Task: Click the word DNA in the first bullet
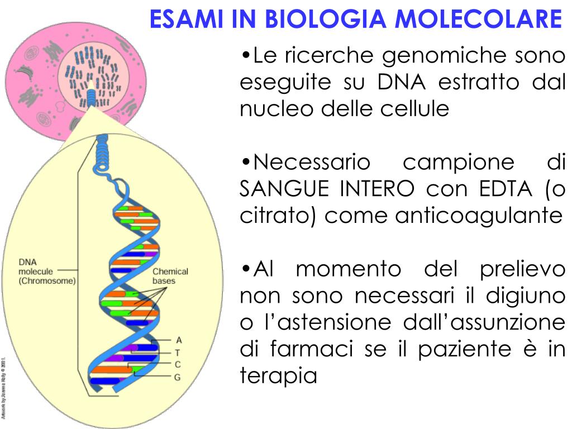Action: coord(401,82)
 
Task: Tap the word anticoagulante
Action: coord(479,215)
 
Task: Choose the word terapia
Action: coord(278,376)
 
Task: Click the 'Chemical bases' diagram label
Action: coord(170,276)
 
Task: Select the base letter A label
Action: coord(179,340)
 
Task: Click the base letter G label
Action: coord(178,377)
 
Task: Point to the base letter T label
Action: coord(178,352)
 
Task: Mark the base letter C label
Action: coord(178,364)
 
